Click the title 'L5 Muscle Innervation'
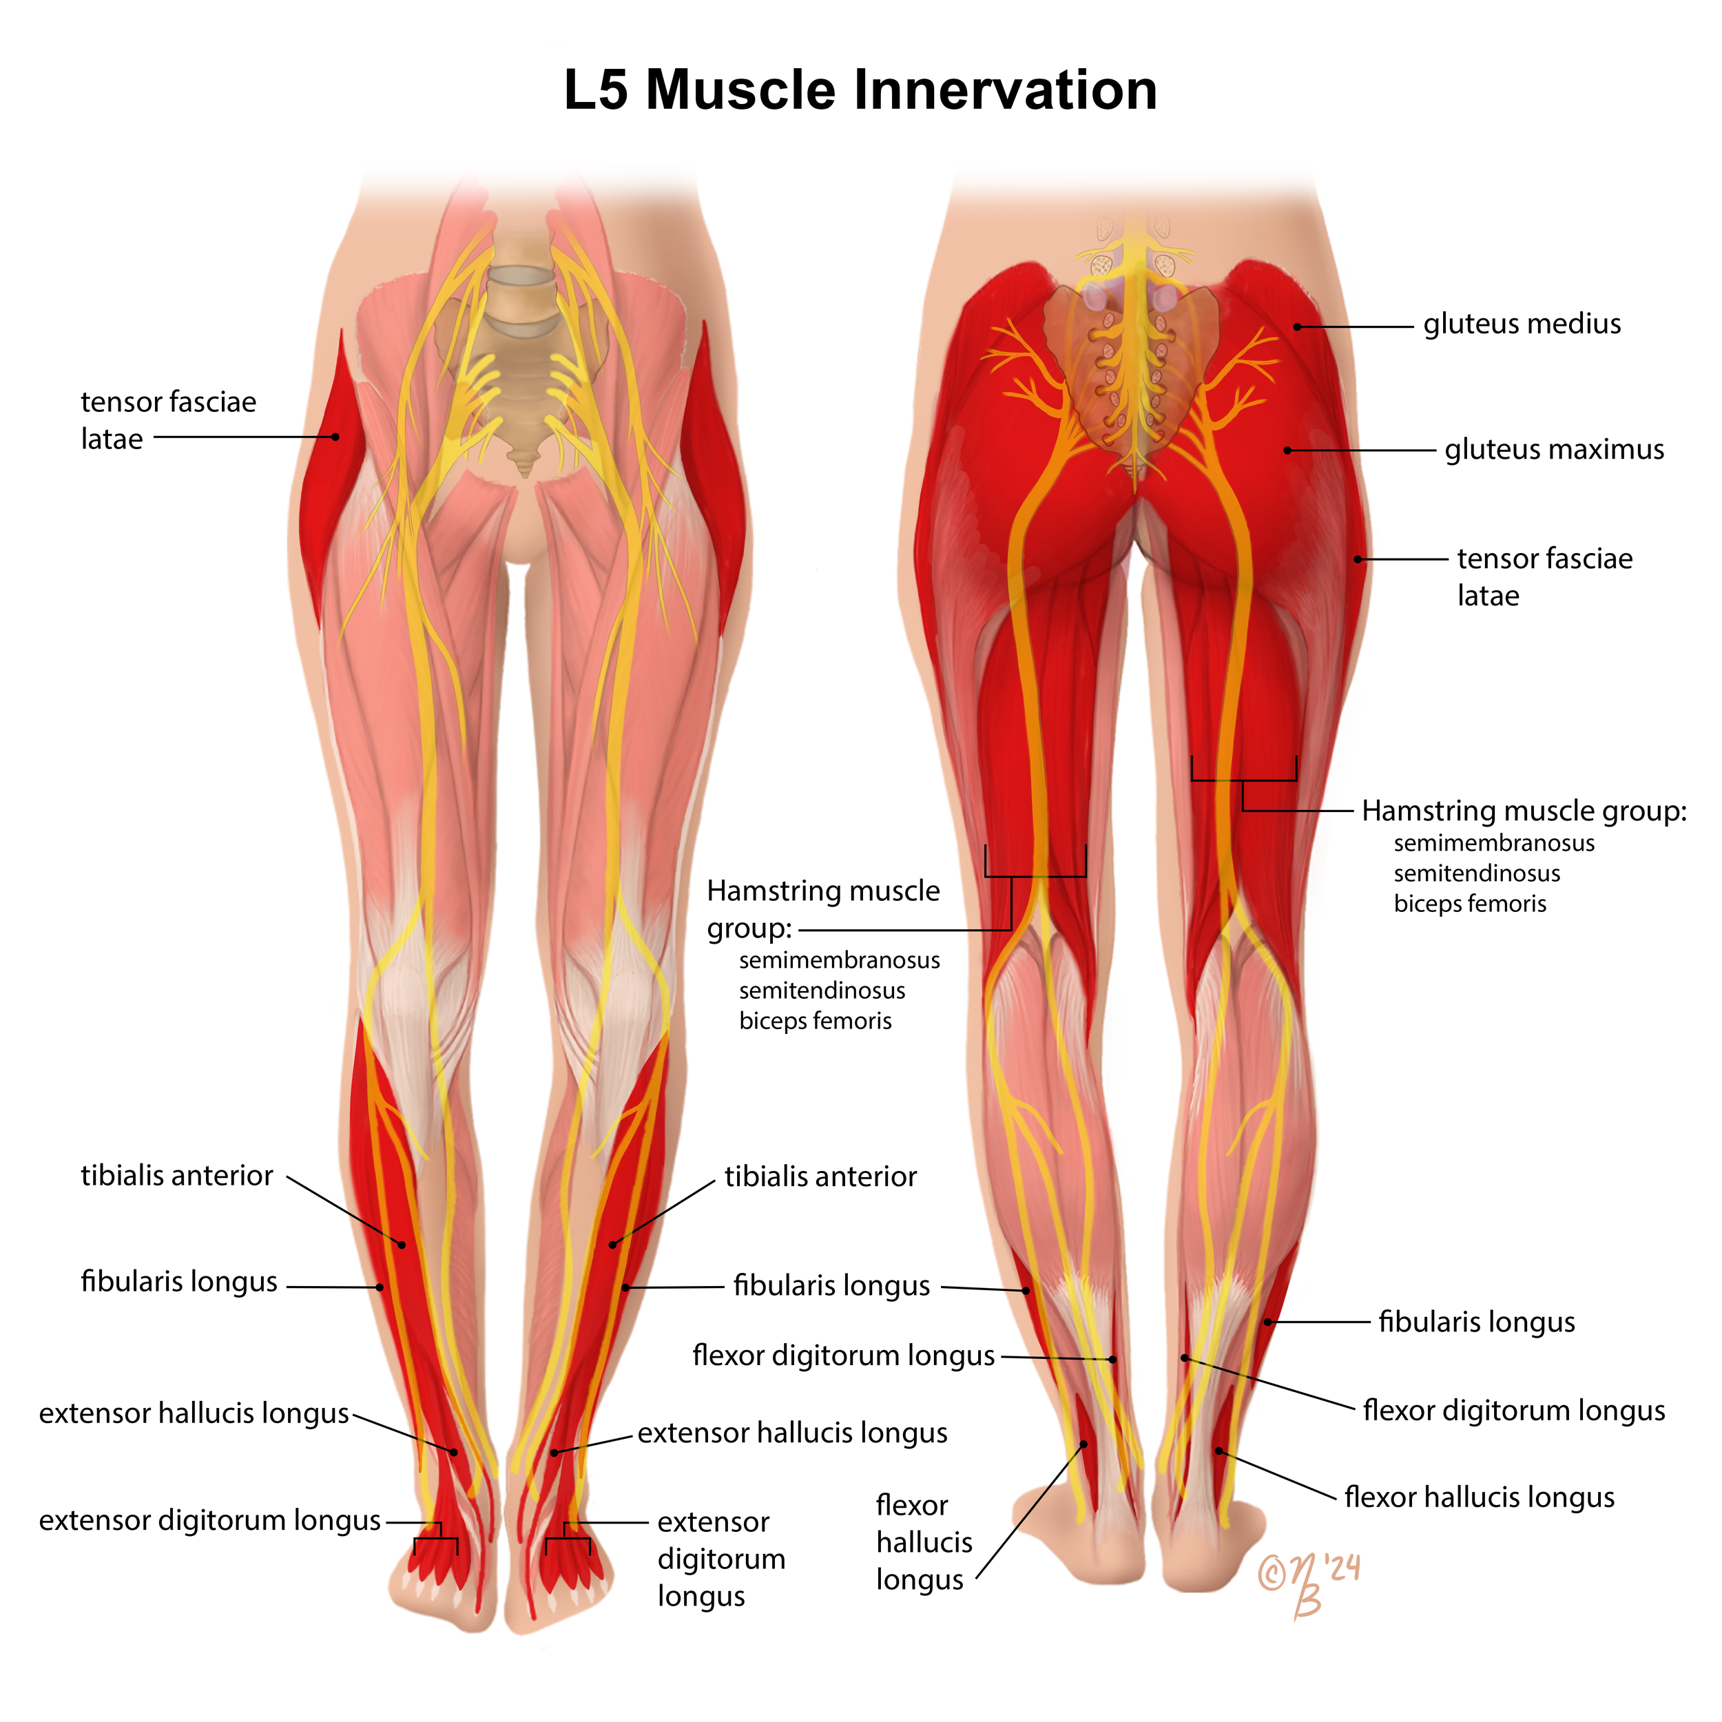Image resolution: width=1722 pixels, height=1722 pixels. pyautogui.click(x=860, y=90)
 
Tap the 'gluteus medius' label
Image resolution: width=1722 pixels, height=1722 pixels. pyautogui.click(x=1522, y=324)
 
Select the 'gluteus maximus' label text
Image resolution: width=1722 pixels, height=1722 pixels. pyautogui.click(x=1553, y=449)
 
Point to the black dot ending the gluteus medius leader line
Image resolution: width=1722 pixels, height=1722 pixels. pyautogui.click(x=1298, y=327)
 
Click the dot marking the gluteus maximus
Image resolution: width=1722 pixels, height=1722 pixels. pyautogui.click(x=1287, y=450)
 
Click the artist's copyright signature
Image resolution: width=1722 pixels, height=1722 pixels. pyautogui.click(x=1309, y=1583)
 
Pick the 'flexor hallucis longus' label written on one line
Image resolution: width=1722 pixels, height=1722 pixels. pyautogui.click(x=1479, y=1497)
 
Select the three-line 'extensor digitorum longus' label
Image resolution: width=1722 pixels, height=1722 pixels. pyautogui.click(x=721, y=1559)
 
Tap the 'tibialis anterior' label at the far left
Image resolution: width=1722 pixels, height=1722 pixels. pyautogui.click(x=176, y=1176)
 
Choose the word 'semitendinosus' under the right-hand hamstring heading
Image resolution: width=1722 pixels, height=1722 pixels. pyautogui.click(x=1477, y=873)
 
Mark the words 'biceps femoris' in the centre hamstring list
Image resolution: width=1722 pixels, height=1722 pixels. pyautogui.click(x=815, y=1021)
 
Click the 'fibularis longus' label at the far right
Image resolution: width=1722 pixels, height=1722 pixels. pyautogui.click(x=1476, y=1322)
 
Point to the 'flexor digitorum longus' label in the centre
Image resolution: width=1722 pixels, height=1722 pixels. pyautogui.click(x=843, y=1356)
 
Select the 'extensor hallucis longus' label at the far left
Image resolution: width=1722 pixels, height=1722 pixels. pyautogui.click(x=194, y=1413)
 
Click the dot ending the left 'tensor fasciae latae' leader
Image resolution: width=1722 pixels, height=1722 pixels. pyautogui.click(x=336, y=437)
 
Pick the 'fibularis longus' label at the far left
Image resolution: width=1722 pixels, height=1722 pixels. pyautogui.click(x=179, y=1282)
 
